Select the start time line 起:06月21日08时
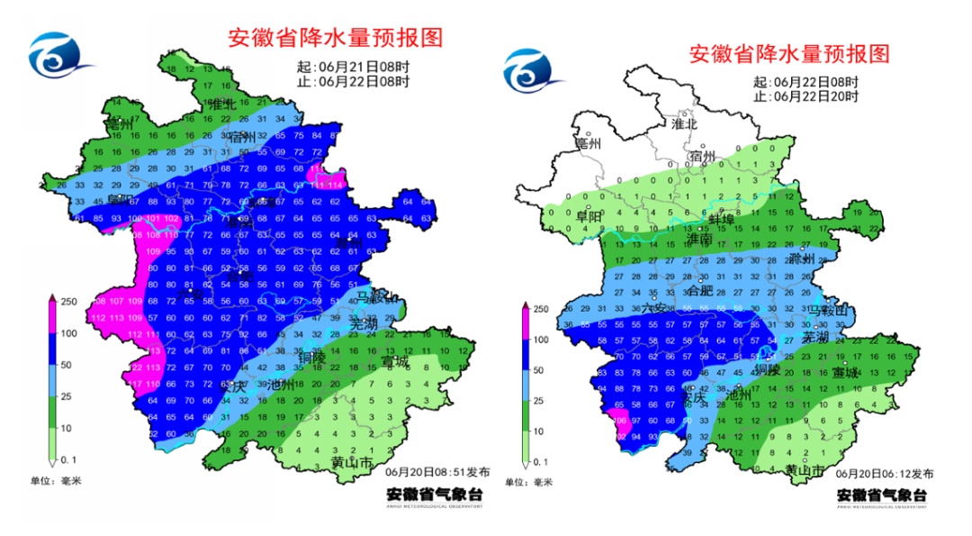coord(354,67)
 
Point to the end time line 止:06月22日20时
coord(806,95)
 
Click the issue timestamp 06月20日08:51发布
coord(438,471)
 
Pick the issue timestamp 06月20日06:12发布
coord(885,473)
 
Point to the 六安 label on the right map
coord(656,309)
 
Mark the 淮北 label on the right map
coord(684,123)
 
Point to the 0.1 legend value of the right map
coord(541,461)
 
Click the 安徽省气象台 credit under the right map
coord(882,495)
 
